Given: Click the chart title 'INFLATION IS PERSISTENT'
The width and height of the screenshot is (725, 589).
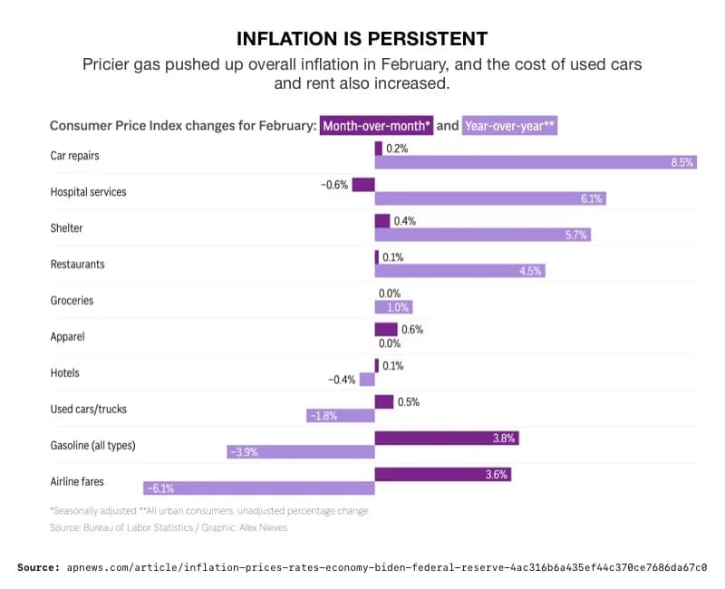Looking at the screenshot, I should pos(362,38).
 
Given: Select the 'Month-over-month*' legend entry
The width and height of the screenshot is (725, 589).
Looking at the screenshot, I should pos(376,126).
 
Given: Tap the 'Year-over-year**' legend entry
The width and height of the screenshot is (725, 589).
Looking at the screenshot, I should pos(509,126).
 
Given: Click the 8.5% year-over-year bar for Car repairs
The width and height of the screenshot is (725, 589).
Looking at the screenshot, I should pos(536,162).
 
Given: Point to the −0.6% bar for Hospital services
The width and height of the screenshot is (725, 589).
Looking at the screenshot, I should pos(363,184).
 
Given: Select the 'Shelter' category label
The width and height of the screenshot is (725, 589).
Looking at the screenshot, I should pos(66,227).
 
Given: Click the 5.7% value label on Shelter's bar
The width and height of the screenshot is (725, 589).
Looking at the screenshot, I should pos(576,235).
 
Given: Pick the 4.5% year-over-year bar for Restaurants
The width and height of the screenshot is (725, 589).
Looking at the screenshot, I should pos(460,271).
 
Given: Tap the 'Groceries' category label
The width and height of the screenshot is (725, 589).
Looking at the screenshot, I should pos(72,300).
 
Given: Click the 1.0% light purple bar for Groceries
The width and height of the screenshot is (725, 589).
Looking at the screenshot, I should pos(393,307).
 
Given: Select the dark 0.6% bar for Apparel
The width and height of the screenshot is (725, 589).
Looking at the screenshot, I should pos(386,329).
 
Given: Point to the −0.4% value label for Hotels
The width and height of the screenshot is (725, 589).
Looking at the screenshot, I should pos(342,380).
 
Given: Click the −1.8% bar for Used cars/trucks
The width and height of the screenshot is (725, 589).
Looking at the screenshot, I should pos(340,416).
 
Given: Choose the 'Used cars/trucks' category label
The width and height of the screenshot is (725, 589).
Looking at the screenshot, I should pos(88,409).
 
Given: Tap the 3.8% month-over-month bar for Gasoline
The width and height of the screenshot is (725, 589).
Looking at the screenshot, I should pos(447,438).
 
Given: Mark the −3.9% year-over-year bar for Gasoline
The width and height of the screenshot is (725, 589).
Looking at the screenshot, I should pos(301,452).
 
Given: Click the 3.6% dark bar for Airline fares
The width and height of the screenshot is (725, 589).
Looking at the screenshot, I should pos(443,474).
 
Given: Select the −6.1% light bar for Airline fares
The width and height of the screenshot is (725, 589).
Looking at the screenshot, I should pos(258,488).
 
